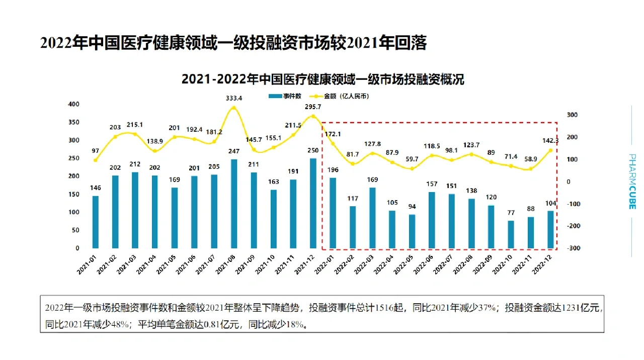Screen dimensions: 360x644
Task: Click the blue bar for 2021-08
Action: (x=233, y=204)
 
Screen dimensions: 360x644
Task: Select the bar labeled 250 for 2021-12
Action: (x=313, y=203)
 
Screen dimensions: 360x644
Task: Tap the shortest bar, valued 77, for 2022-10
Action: (x=511, y=234)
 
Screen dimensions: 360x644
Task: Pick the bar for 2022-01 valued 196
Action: (x=333, y=213)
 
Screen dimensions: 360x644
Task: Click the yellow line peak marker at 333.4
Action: (x=233, y=108)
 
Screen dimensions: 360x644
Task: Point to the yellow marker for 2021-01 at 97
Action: (x=96, y=160)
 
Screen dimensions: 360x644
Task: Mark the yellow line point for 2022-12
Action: (x=550, y=150)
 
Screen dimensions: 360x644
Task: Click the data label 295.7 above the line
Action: (x=312, y=107)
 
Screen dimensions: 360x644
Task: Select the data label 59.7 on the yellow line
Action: (x=412, y=159)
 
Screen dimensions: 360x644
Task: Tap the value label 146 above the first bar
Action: (x=96, y=188)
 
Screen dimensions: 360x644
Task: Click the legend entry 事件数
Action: (x=284, y=96)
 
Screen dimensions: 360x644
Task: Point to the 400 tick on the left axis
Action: (x=74, y=104)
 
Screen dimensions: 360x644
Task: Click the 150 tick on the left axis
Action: (x=74, y=194)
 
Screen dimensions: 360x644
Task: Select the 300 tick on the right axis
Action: (x=572, y=115)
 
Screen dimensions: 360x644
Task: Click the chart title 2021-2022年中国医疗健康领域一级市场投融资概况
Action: (x=322, y=79)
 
